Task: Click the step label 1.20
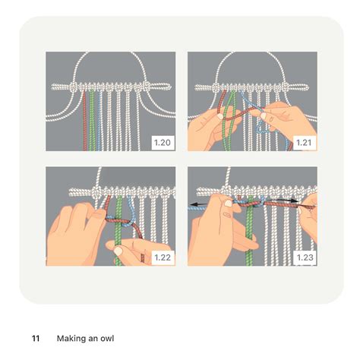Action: [163, 142]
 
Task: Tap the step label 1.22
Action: [163, 257]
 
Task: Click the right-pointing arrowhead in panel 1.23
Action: [312, 204]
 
